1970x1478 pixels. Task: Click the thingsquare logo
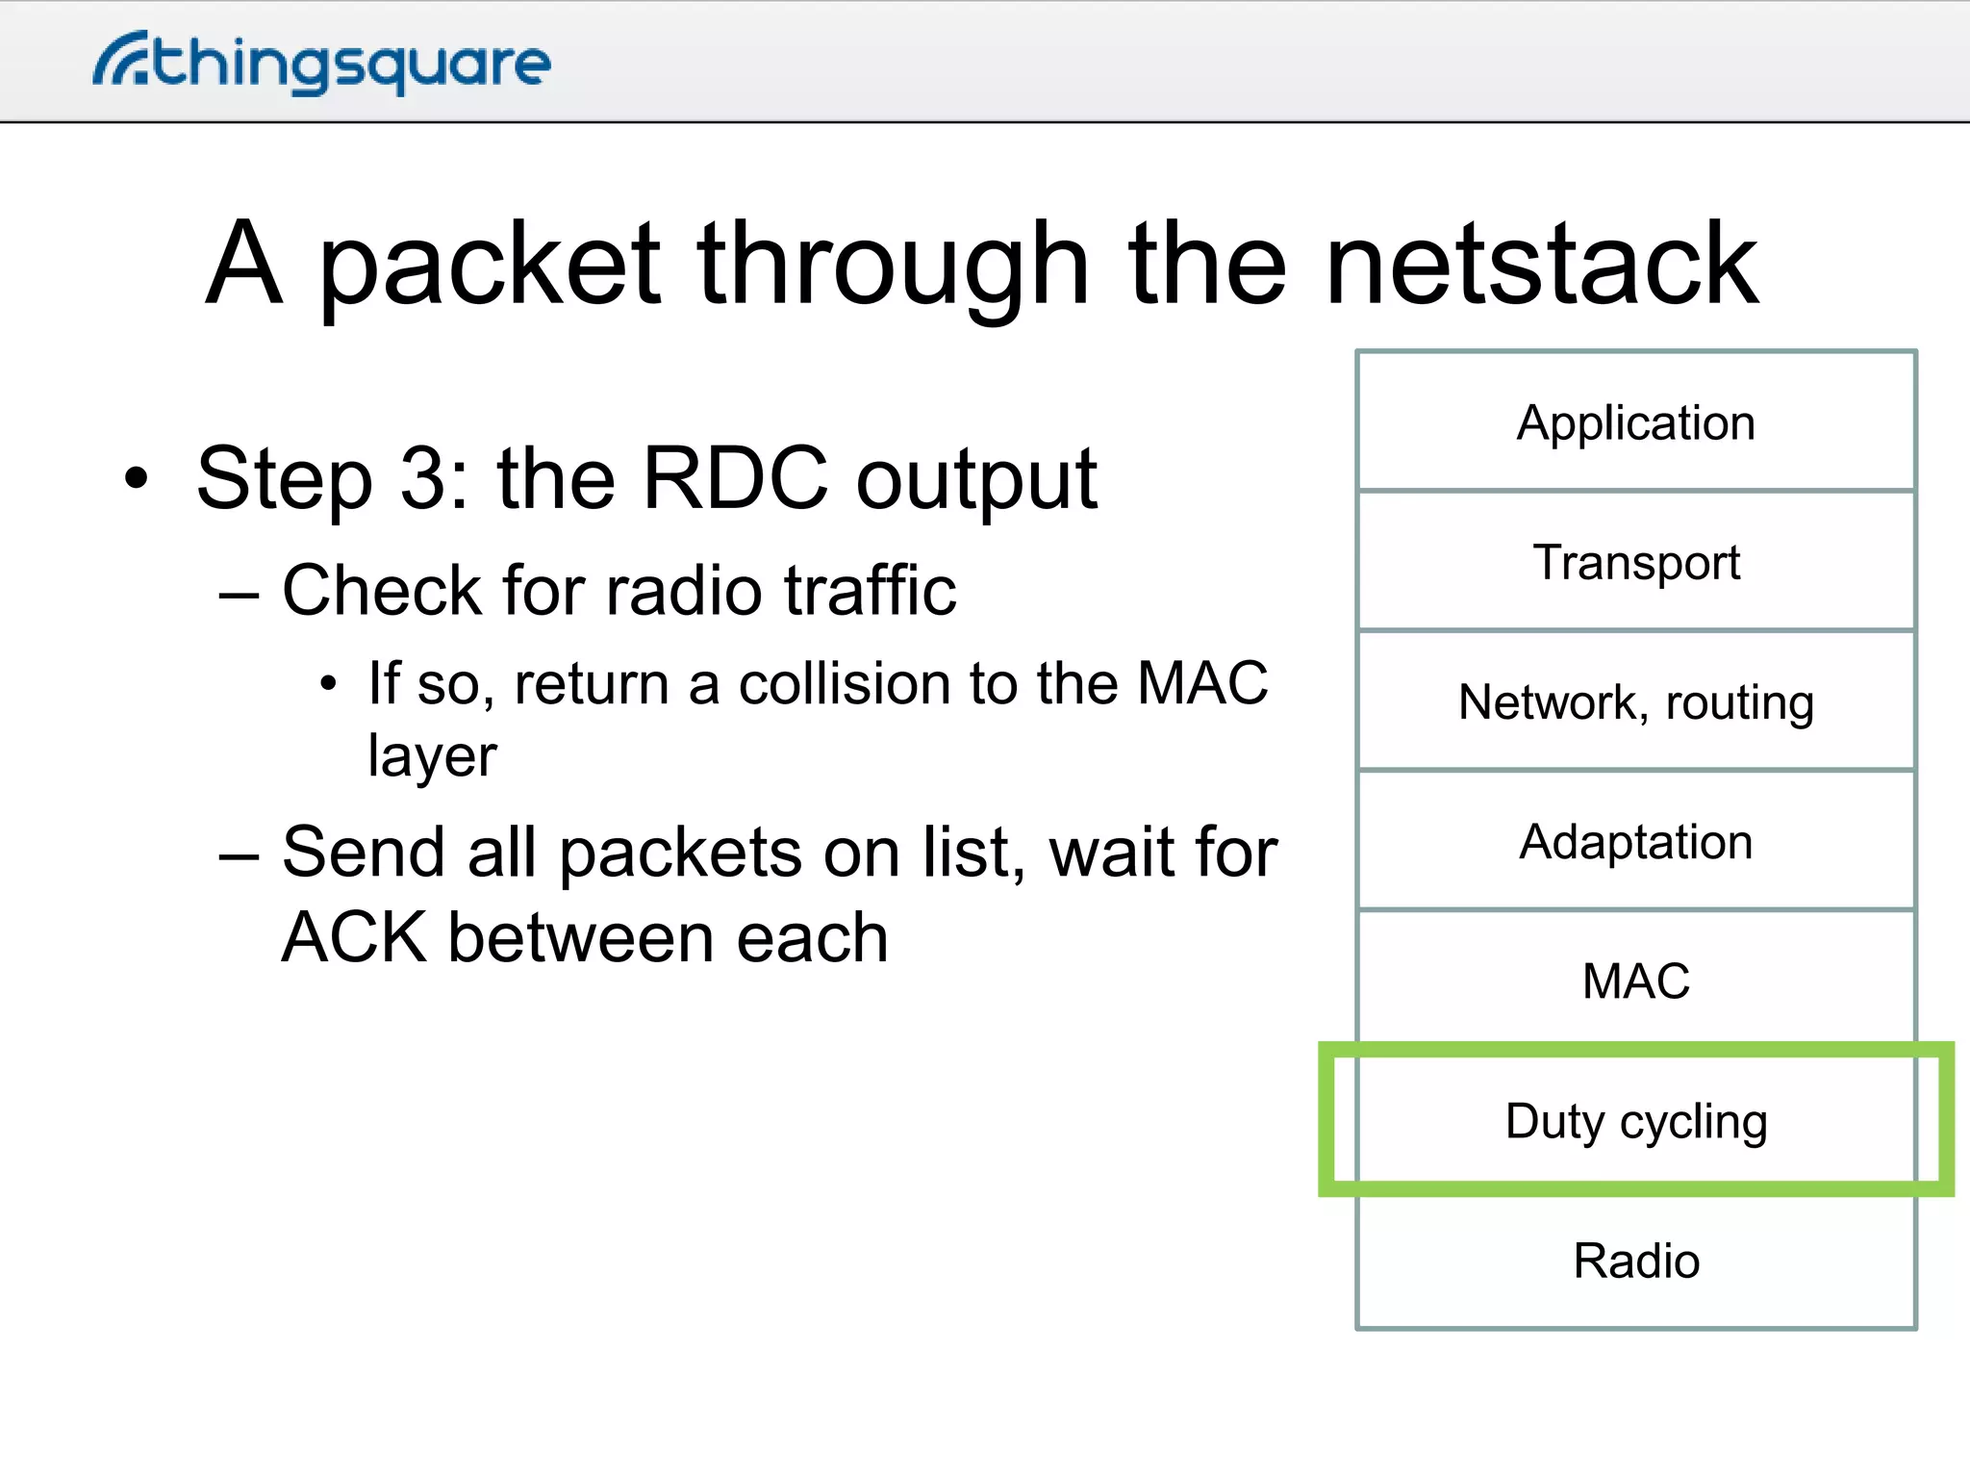tap(321, 64)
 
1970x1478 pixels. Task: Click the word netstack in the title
tap(1542, 264)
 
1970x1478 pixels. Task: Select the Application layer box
tap(1635, 422)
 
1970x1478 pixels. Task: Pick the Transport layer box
tap(1635, 562)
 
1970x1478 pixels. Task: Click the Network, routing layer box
tap(1635, 701)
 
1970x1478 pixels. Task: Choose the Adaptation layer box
tap(1635, 841)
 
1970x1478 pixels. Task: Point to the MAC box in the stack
tap(1635, 981)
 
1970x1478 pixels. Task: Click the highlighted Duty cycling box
tap(1635, 1120)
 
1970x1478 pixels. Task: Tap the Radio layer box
tap(1635, 1261)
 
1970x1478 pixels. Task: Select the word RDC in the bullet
tap(735, 478)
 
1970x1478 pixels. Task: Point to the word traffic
tap(870, 590)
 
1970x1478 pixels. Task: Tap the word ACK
tap(354, 938)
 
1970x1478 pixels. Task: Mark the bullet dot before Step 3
tap(138, 478)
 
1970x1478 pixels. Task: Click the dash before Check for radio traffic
tap(239, 595)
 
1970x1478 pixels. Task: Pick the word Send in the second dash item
tap(363, 853)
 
